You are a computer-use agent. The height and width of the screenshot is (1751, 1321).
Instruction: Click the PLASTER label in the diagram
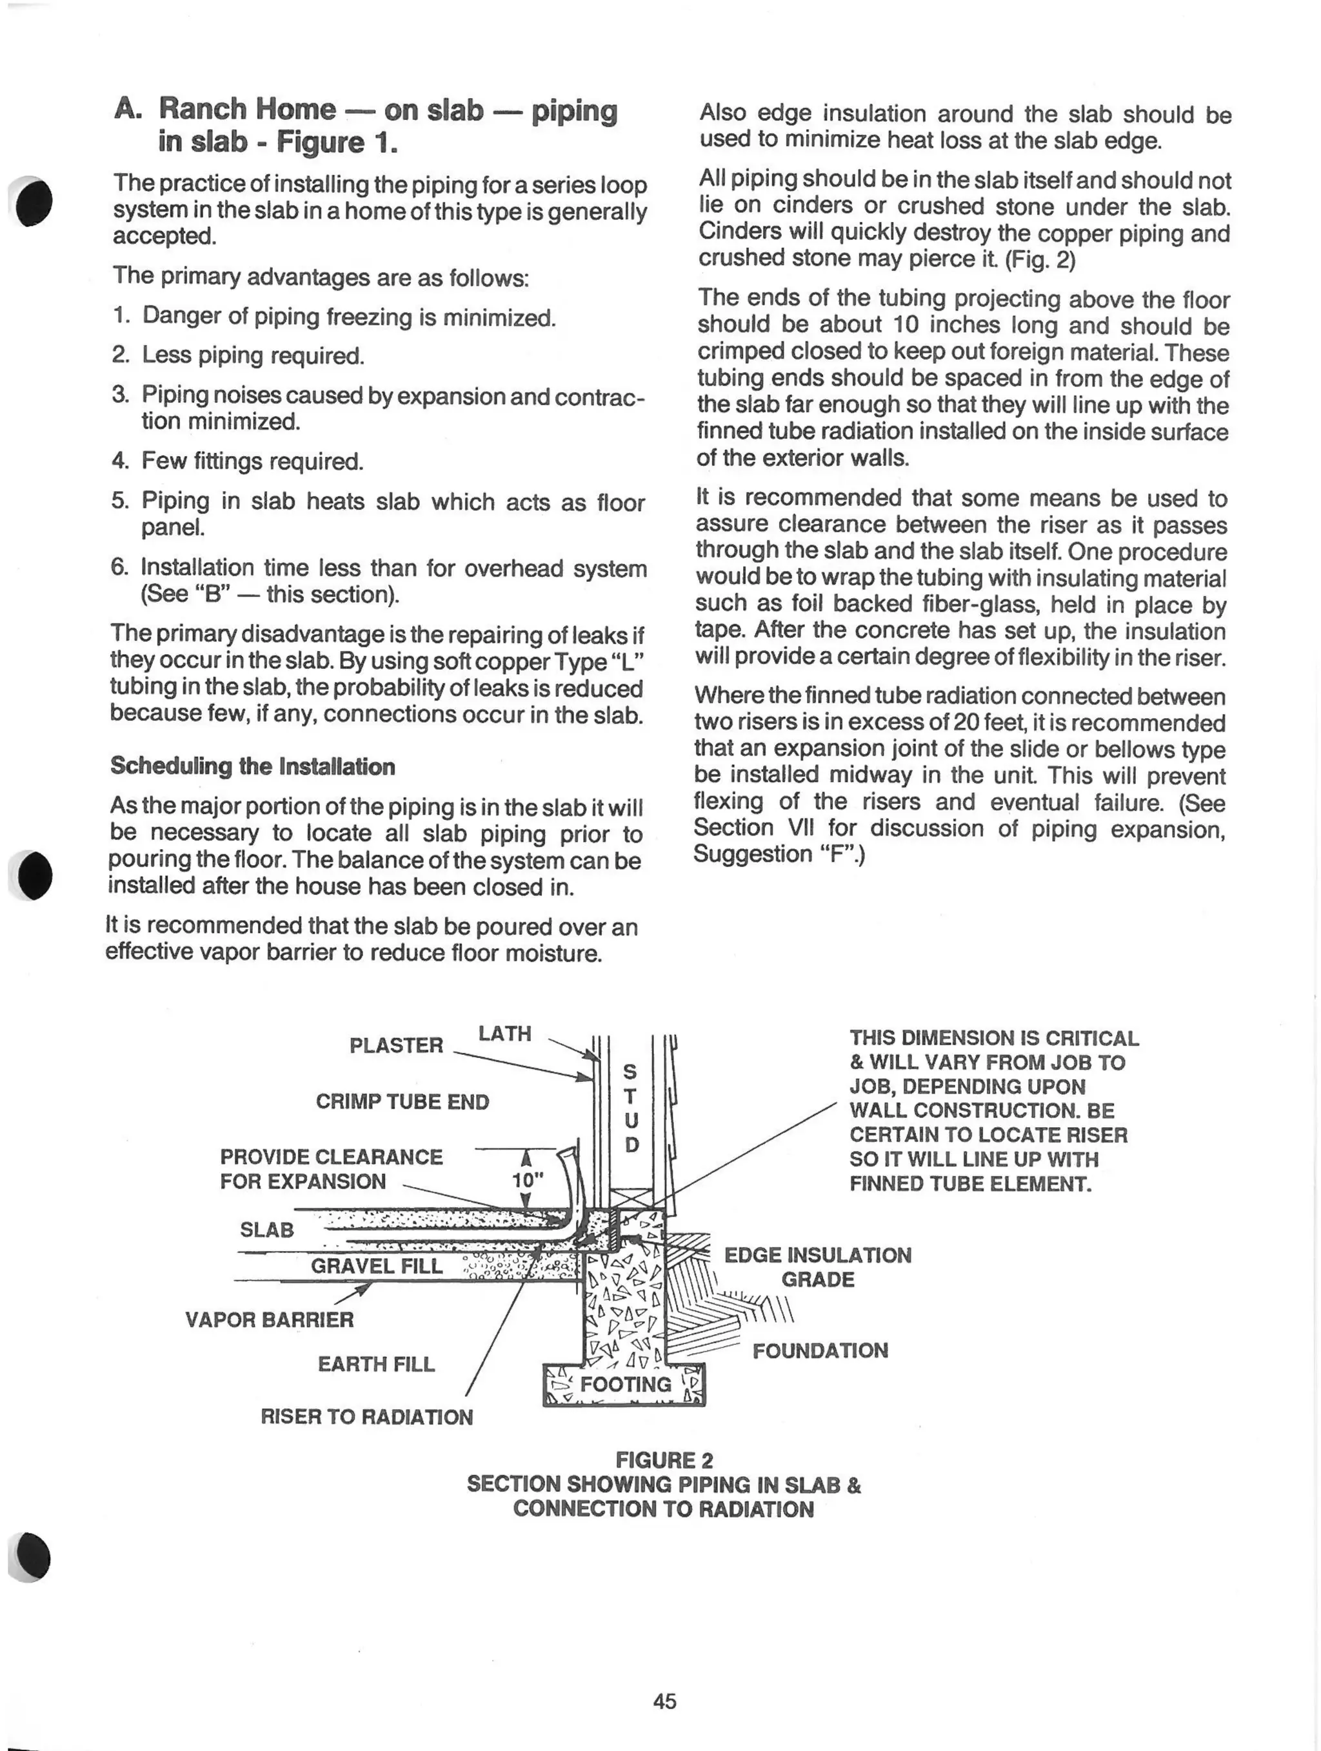coord(396,1045)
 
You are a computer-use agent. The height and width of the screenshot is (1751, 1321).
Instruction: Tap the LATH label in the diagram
coord(504,1033)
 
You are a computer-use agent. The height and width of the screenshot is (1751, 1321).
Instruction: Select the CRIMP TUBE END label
coord(402,1101)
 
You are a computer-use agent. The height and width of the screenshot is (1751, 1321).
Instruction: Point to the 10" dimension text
coord(527,1179)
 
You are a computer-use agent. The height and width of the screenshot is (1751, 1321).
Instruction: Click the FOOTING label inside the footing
coord(625,1384)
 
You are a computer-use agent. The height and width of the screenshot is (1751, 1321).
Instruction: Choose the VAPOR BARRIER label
coord(269,1319)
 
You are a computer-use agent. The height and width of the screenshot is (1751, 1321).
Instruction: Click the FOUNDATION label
coord(820,1350)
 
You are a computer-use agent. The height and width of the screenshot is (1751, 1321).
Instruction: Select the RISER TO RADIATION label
coord(366,1416)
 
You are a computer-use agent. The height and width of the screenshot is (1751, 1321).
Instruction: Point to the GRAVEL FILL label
coord(376,1266)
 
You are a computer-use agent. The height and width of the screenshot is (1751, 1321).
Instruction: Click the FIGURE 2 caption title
coord(664,1459)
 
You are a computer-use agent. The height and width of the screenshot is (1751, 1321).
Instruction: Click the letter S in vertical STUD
coord(630,1072)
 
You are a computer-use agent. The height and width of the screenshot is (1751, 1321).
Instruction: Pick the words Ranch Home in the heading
coord(247,109)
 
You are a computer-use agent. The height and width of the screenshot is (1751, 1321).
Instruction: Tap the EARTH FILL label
coord(376,1364)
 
